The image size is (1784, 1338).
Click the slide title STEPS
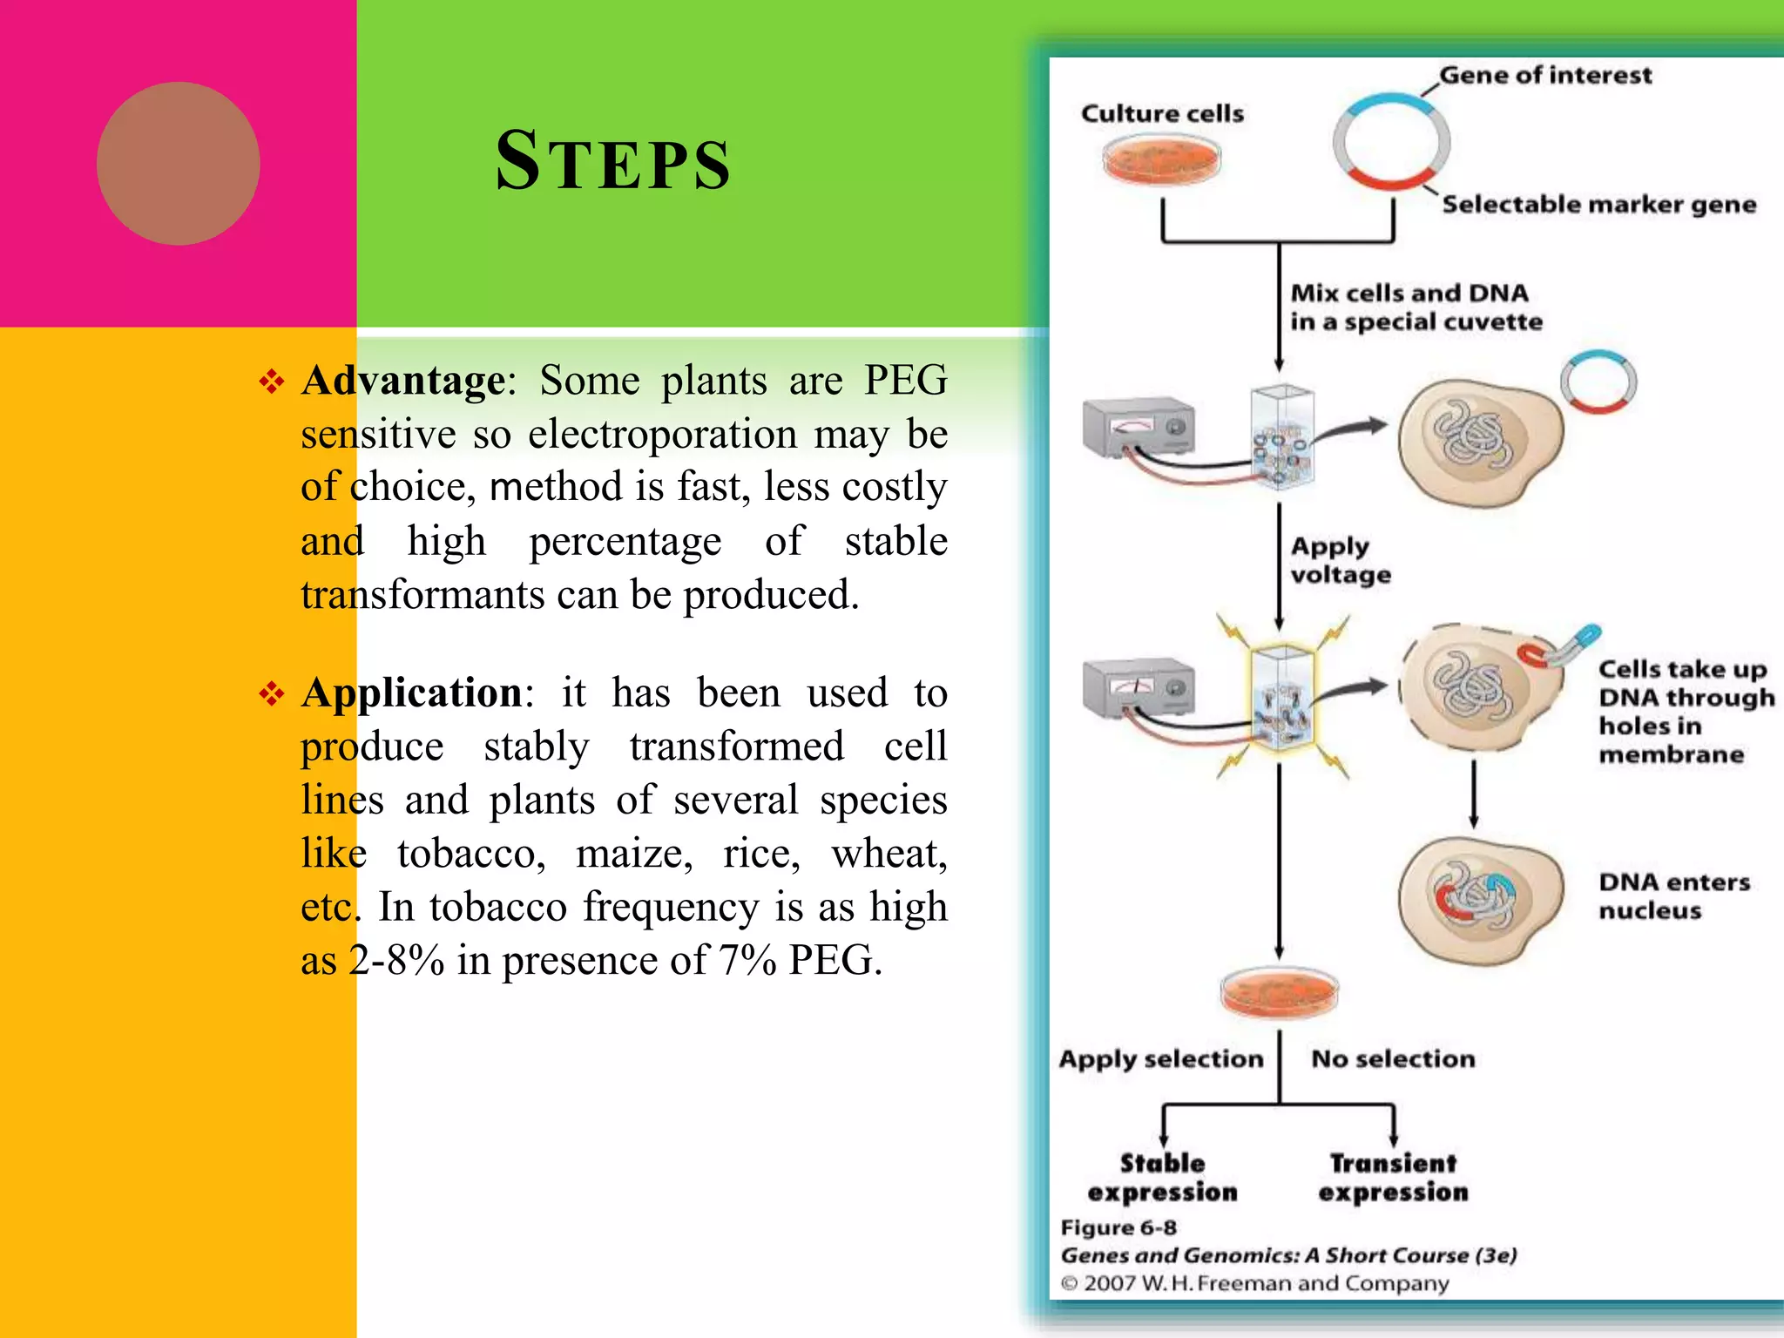click(x=613, y=162)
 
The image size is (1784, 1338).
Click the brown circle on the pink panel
click(x=178, y=164)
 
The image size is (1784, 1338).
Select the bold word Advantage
click(x=403, y=381)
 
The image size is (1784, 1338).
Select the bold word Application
click(x=411, y=693)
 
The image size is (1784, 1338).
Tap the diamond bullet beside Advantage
click(x=272, y=382)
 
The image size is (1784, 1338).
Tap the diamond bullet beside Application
click(x=272, y=694)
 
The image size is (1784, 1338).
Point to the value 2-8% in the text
click(x=397, y=961)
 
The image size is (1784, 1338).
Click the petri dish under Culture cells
click(x=1161, y=160)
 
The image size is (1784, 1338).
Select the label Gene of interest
click(x=1544, y=75)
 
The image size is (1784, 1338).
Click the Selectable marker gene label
click(x=1598, y=205)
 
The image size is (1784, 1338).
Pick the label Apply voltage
click(x=1340, y=560)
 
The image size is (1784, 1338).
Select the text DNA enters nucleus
click(x=1673, y=896)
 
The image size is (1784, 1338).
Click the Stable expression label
click(x=1162, y=1178)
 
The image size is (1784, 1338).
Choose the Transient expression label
click(x=1393, y=1178)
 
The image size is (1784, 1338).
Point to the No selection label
click(x=1393, y=1059)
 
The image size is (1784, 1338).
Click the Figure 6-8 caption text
click(x=1118, y=1228)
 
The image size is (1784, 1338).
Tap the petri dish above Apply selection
click(x=1279, y=992)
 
